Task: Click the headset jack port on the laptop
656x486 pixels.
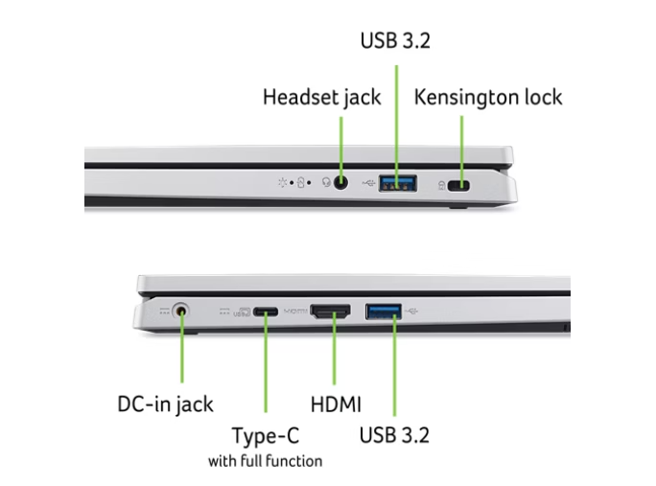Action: click(x=341, y=183)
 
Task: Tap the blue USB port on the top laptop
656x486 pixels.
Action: click(x=397, y=183)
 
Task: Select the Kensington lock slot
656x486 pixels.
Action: click(x=458, y=185)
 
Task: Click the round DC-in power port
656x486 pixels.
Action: click(x=180, y=312)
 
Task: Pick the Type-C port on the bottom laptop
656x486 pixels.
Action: click(x=266, y=312)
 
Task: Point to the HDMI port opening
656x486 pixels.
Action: click(x=331, y=312)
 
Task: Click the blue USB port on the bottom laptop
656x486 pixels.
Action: click(x=384, y=312)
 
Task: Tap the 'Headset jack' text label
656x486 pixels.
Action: click(x=321, y=98)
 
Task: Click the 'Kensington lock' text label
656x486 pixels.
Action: click(x=488, y=97)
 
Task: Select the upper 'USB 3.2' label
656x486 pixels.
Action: click(x=395, y=40)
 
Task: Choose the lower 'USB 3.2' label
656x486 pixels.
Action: click(x=394, y=435)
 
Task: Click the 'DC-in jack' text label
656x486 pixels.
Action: click(x=165, y=405)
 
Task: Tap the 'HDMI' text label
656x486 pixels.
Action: click(x=336, y=405)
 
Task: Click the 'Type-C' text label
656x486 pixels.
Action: click(x=266, y=435)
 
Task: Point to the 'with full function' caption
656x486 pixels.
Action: click(x=266, y=461)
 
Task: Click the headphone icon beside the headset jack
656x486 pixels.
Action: click(x=326, y=182)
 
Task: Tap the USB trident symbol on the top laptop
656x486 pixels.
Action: click(x=368, y=183)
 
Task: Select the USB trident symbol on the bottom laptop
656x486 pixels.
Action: click(x=411, y=312)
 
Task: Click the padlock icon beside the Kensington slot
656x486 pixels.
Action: click(x=441, y=185)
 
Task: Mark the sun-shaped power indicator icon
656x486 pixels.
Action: click(x=282, y=182)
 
